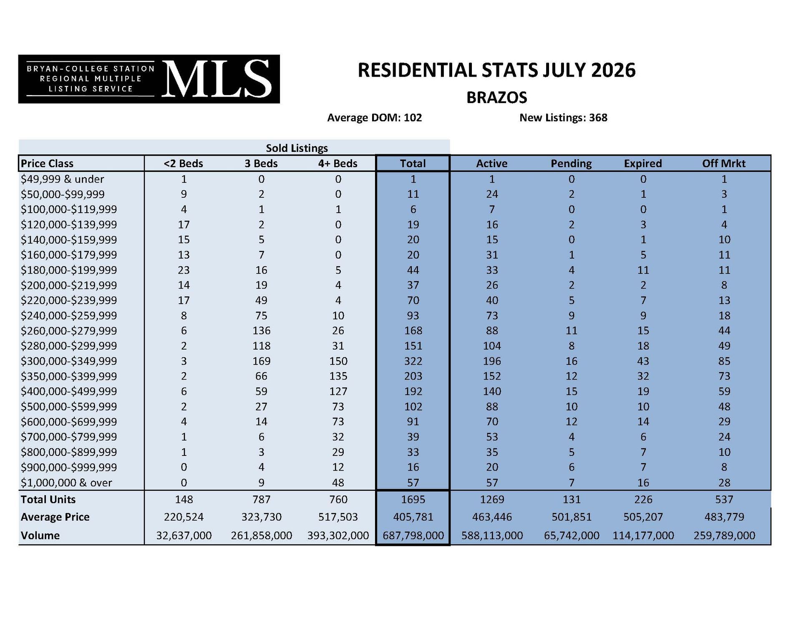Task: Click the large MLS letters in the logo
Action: click(x=217, y=79)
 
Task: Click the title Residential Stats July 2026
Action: click(x=496, y=70)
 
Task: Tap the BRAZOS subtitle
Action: click(x=496, y=98)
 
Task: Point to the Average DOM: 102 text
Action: click(x=375, y=118)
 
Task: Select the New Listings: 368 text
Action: click(x=563, y=118)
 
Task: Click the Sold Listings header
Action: click(x=297, y=148)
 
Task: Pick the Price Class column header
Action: click(x=47, y=164)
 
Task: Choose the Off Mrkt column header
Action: click(x=724, y=164)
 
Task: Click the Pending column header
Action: click(x=571, y=164)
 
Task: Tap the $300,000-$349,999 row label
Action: click(x=69, y=361)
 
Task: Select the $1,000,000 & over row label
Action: click(x=67, y=483)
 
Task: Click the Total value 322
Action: click(x=413, y=361)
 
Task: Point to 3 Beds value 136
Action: click(x=262, y=331)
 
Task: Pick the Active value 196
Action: click(x=492, y=361)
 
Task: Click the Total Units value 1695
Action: click(x=413, y=500)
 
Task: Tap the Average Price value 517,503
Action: click(x=338, y=517)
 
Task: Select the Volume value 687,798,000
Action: click(x=413, y=536)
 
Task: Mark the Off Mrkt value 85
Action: click(x=724, y=361)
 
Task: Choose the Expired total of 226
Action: click(x=643, y=500)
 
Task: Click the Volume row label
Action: click(x=40, y=536)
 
